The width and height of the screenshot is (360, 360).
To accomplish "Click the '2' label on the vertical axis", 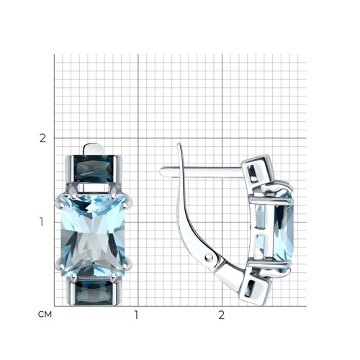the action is tap(42, 138).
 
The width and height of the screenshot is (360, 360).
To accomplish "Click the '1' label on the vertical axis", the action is tap(42, 222).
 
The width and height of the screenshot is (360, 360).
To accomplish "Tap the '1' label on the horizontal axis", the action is tap(137, 315).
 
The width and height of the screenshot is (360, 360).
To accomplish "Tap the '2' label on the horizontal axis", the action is tap(221, 315).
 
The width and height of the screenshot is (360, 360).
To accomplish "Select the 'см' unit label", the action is tap(45, 314).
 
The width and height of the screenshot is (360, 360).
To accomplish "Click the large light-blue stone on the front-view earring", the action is tap(93, 235).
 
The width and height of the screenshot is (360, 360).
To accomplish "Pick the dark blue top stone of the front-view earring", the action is tap(94, 168).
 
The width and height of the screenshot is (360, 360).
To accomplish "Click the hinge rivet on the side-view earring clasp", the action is tap(209, 258).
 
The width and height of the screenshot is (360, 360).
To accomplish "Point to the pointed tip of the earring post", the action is tap(161, 171).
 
